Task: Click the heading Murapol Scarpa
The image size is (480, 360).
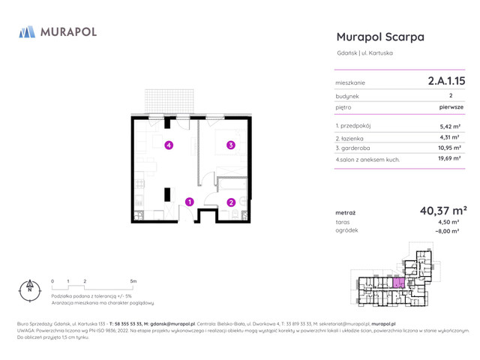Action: tap(380, 37)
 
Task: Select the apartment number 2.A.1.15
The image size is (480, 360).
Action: tap(445, 79)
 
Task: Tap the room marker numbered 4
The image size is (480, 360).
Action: tap(169, 145)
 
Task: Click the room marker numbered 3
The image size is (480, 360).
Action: tap(231, 145)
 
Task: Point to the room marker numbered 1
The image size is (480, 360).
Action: tap(190, 201)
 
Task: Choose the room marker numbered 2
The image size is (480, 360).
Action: tap(231, 201)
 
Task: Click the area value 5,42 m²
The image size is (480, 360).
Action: tap(450, 127)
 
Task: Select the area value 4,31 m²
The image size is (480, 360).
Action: tap(450, 137)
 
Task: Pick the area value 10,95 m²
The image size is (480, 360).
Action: tap(448, 148)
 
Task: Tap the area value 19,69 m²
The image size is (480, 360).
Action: tap(448, 159)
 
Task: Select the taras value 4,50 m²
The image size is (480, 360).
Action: tap(448, 223)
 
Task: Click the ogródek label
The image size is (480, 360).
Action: tap(347, 231)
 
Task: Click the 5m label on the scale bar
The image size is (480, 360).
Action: tap(133, 280)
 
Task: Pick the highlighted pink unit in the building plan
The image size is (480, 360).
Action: tap(398, 282)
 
